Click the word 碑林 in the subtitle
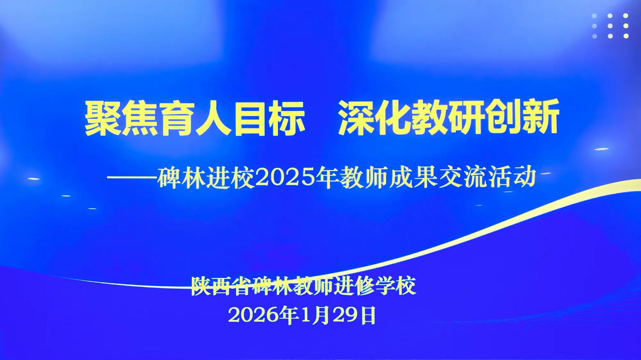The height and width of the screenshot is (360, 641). coord(181,177)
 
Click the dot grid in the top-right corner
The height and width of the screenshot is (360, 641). coord(610,26)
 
